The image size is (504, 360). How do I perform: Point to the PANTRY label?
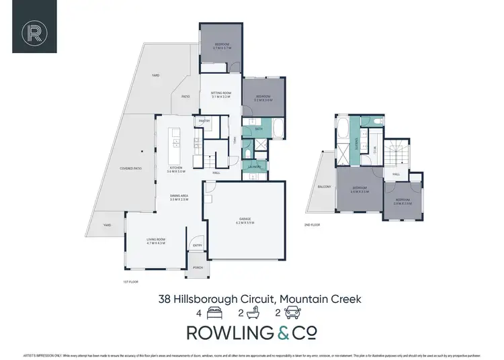[204, 121]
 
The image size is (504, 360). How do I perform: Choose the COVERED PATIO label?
[130, 168]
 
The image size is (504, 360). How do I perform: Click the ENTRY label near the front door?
[198, 245]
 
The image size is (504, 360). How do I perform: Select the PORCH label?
[198, 267]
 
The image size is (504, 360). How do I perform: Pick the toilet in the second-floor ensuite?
[379, 122]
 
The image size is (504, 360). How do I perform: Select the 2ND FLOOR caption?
[311, 224]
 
